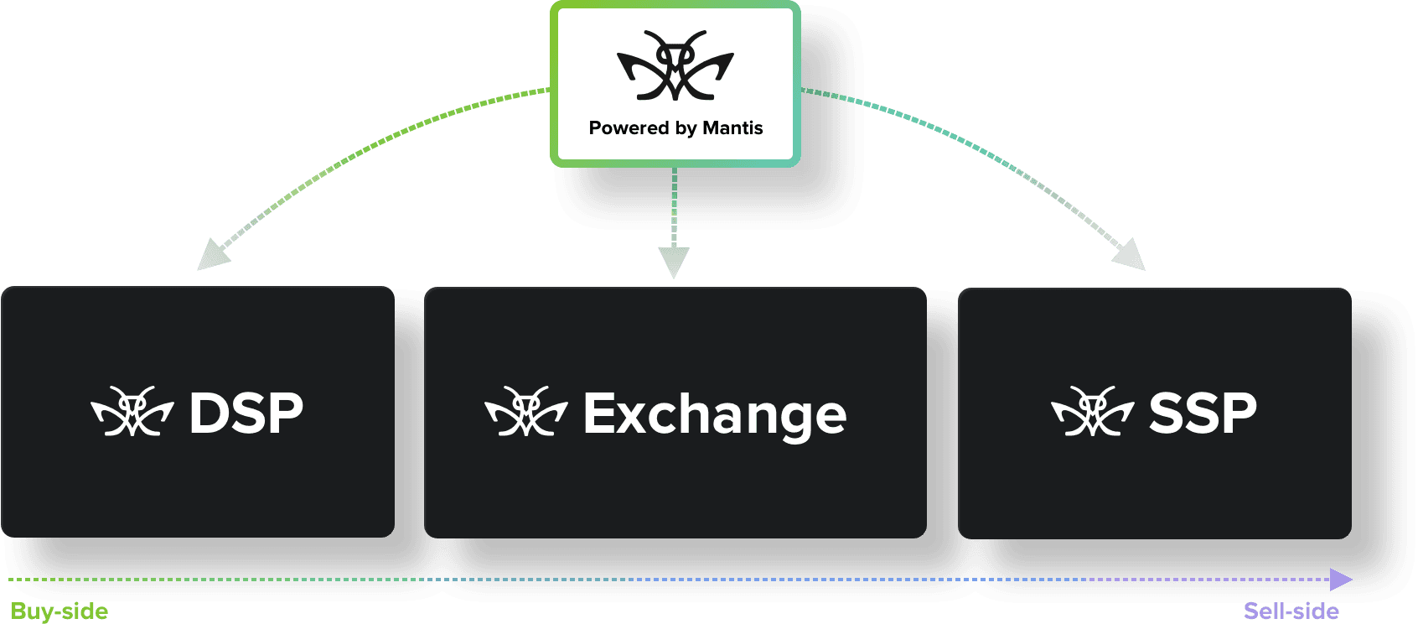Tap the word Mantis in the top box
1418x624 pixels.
[x=732, y=128]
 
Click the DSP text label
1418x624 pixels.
[x=246, y=413]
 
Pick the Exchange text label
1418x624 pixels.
[x=715, y=414]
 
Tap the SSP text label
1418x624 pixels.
[x=1203, y=413]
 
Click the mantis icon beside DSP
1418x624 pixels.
[x=132, y=412]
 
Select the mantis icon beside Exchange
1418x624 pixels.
[x=526, y=412]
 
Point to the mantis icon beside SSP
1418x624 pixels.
[x=1093, y=412]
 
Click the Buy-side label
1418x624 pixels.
[x=60, y=611]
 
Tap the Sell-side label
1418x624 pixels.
[x=1291, y=611]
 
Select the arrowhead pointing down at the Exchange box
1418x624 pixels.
[x=674, y=262]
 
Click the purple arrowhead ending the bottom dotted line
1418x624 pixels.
[x=1341, y=580]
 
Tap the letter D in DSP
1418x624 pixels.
[x=210, y=413]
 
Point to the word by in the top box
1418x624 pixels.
[x=686, y=129]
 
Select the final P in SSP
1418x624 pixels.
[x=1235, y=413]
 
